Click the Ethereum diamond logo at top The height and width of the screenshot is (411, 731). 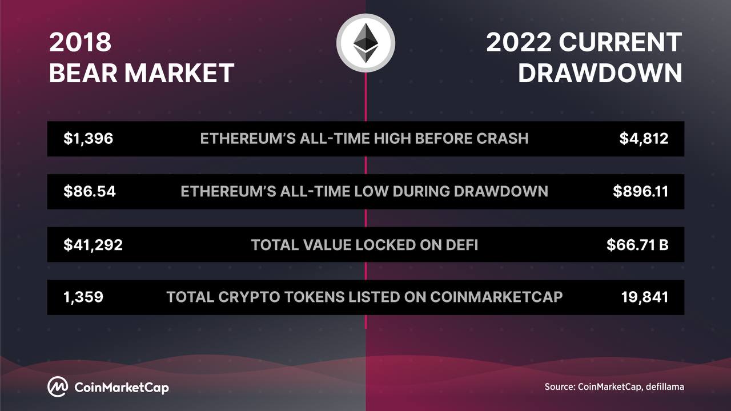pos(366,43)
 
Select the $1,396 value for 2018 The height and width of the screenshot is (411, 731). pos(88,139)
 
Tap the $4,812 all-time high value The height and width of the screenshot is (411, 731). pos(644,139)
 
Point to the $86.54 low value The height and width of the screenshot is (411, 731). pos(90,191)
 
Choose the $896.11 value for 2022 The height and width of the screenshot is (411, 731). pos(640,191)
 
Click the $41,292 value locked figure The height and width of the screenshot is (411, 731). pos(93,245)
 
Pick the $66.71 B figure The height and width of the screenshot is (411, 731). pos(637,245)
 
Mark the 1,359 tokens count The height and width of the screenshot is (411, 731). pos(83,297)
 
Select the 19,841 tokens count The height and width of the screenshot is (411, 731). pos(645,297)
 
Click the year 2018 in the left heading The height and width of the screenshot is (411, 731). pos(81,42)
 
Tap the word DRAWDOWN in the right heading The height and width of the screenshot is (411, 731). pos(600,72)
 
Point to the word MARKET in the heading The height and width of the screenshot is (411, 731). pos(179,72)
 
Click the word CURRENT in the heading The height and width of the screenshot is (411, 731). pos(620,42)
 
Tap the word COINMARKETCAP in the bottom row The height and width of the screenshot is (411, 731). pos(496,297)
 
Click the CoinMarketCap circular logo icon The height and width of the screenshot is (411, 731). pos(58,387)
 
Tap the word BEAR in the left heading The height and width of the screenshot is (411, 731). pos(83,72)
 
